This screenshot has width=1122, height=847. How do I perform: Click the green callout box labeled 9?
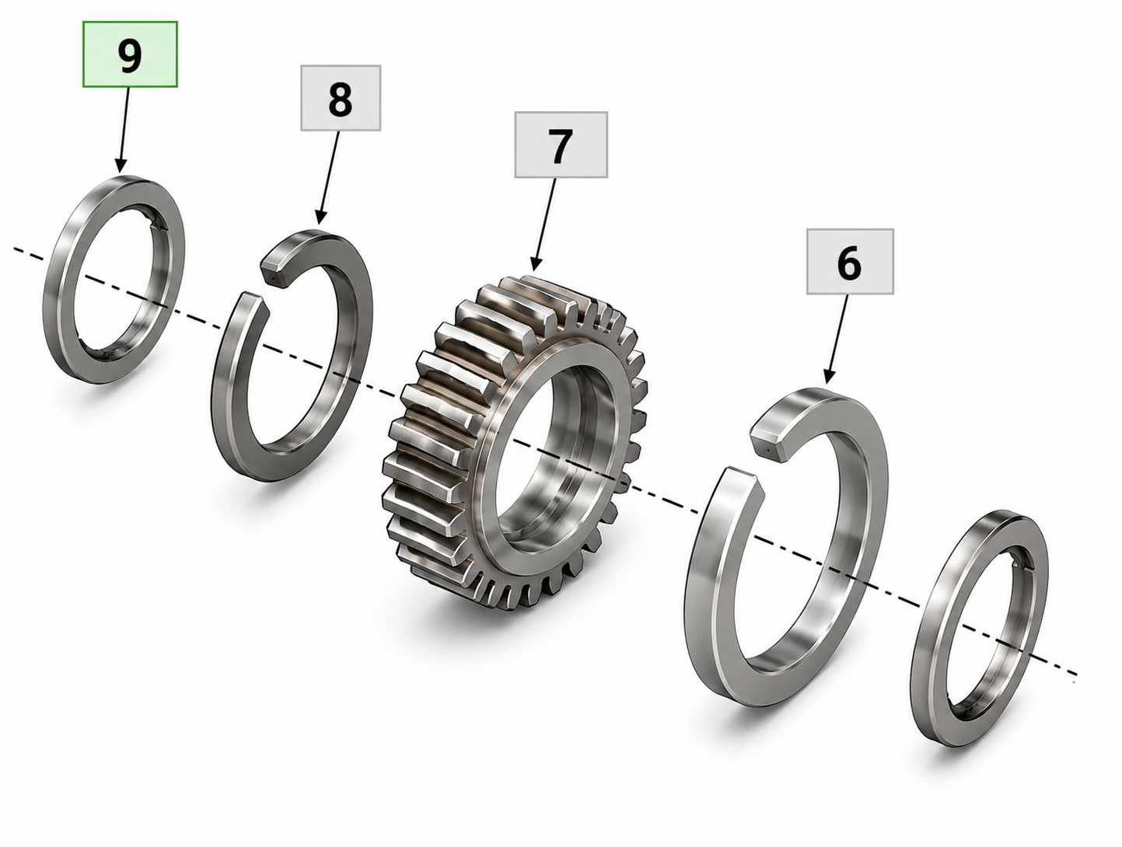click(x=131, y=54)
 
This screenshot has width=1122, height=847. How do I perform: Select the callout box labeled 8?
click(x=341, y=98)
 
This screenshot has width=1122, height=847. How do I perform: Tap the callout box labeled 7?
click(x=561, y=145)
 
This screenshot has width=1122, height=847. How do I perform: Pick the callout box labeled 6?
click(x=850, y=262)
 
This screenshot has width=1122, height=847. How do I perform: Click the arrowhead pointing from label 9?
click(x=121, y=165)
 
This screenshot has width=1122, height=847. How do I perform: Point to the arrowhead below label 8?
click(x=320, y=217)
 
